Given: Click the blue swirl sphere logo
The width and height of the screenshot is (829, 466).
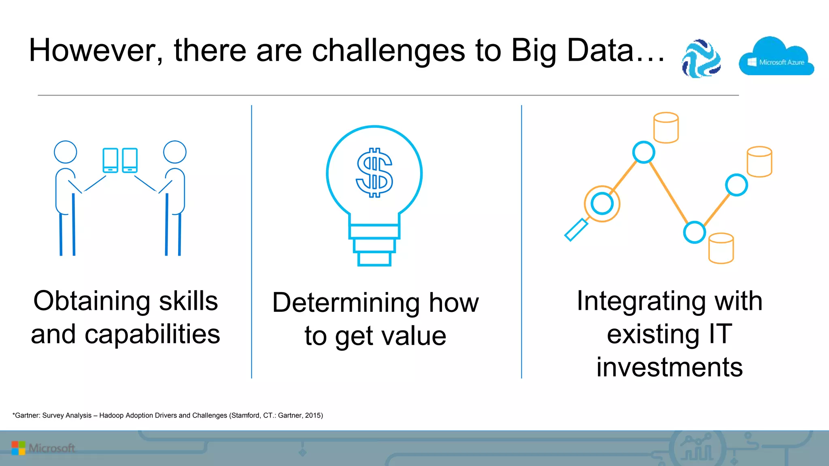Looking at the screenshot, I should (x=701, y=59).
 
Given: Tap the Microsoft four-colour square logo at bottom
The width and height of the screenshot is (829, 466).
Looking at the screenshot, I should (x=18, y=448).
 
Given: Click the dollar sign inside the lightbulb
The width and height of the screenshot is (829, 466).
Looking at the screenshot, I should (x=374, y=173).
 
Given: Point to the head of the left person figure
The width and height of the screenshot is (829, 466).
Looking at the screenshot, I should (x=66, y=152).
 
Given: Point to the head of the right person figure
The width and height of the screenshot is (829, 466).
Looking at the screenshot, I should (x=175, y=152).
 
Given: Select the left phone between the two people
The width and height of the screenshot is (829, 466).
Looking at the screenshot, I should (x=111, y=160).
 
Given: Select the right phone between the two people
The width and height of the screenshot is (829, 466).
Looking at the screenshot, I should (x=130, y=160).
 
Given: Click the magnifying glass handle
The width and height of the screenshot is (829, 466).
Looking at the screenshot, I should (x=576, y=230).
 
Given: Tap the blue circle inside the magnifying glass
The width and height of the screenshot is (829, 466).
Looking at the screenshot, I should (x=602, y=203).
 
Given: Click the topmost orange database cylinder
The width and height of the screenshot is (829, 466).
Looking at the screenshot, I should (x=666, y=128).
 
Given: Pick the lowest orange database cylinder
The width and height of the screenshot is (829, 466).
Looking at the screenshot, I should (x=721, y=248).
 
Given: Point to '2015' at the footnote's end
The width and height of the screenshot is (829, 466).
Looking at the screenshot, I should (x=313, y=415).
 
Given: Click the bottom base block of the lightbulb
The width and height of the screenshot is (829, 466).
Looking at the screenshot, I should (x=374, y=259).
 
